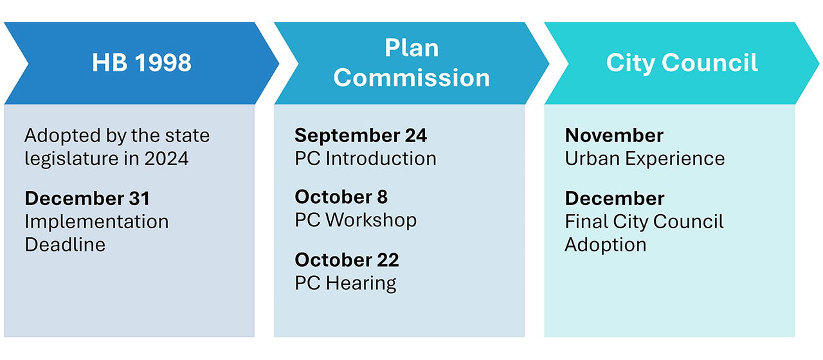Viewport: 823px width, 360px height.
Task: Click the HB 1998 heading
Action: (141, 62)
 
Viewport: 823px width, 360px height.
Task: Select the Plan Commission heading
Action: (411, 63)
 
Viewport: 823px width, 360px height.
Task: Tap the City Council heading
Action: (682, 63)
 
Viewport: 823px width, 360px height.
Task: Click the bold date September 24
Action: (361, 135)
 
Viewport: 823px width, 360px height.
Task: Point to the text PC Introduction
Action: (366, 159)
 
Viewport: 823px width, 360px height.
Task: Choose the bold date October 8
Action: (341, 197)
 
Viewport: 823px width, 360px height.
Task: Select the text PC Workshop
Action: (356, 221)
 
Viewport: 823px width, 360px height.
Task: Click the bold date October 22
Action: (347, 260)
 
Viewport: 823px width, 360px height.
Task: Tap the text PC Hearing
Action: (345, 283)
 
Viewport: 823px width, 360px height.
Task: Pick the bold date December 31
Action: (87, 199)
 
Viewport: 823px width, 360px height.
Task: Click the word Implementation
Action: (96, 222)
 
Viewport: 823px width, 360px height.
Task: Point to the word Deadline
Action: (65, 245)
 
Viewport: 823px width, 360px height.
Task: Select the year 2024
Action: (167, 159)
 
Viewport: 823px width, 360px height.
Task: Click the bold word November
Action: (614, 135)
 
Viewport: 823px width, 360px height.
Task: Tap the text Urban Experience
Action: (645, 159)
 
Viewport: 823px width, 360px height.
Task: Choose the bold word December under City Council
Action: (615, 199)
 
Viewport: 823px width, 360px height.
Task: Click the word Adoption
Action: (606, 245)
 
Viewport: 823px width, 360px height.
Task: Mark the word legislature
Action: (71, 159)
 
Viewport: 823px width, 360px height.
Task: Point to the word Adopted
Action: (62, 136)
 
